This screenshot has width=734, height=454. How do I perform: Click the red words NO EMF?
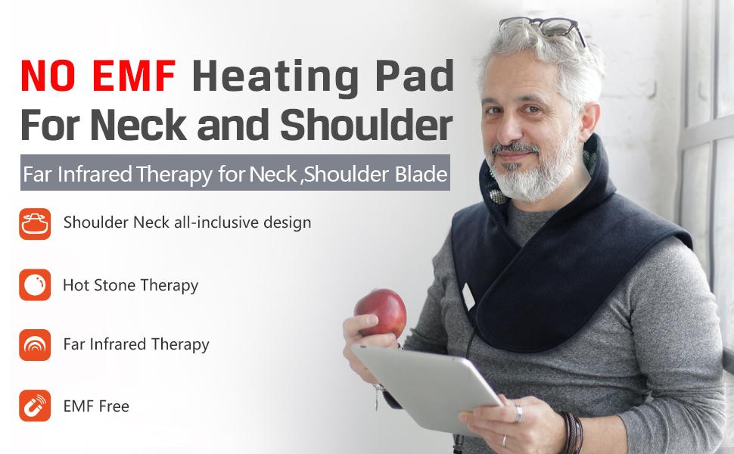tap(98, 75)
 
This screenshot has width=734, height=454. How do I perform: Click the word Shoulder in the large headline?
tap(366, 125)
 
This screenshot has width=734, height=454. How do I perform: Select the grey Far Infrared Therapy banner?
tap(235, 173)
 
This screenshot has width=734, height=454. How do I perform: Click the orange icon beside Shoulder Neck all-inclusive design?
tap(35, 224)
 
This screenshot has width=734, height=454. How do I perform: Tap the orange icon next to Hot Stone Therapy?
tap(35, 285)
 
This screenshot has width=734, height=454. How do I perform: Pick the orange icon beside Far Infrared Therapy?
tap(35, 345)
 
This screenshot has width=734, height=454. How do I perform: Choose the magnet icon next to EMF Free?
tap(35, 406)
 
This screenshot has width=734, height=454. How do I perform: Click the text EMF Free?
tap(96, 406)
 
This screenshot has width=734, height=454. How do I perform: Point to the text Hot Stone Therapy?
tap(131, 285)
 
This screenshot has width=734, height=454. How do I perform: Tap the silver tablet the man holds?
tap(425, 387)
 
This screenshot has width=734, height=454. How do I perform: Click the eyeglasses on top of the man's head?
tap(543, 27)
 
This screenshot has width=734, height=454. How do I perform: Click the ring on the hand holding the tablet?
tap(518, 414)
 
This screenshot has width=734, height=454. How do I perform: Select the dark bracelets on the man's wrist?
tap(573, 431)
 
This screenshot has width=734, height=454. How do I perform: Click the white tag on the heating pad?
tap(468, 297)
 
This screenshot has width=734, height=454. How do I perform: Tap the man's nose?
tap(508, 129)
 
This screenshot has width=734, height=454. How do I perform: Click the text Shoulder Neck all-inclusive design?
tap(187, 222)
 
